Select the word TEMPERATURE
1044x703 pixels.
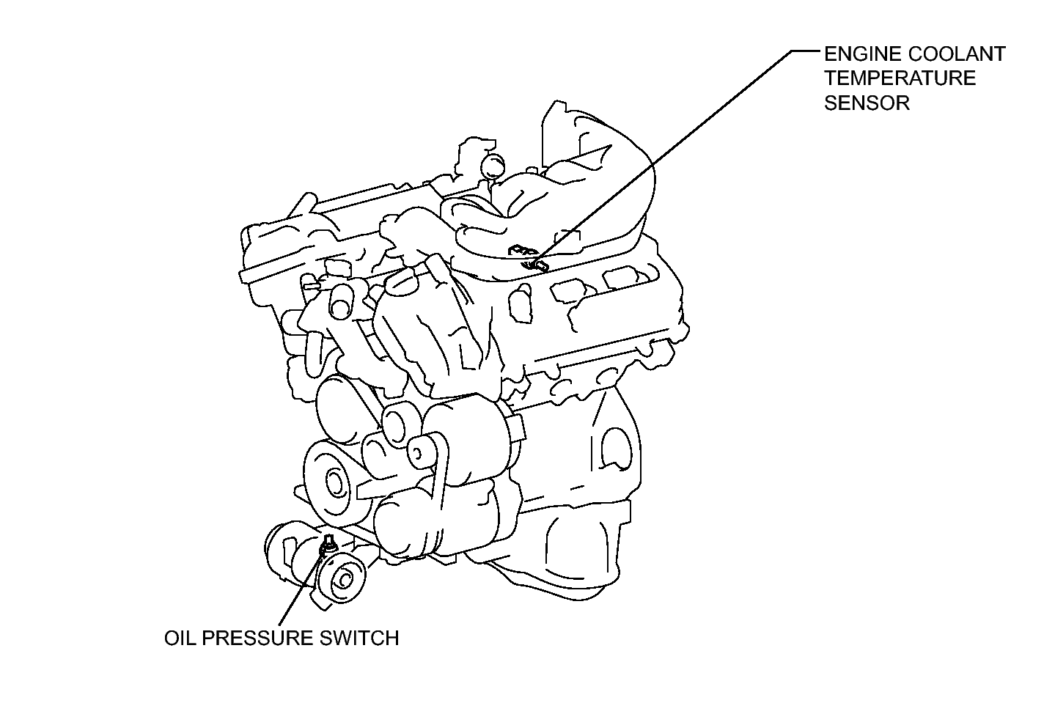pos(900,78)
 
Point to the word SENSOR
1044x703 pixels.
pos(867,103)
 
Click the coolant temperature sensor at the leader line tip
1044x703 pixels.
pos(535,265)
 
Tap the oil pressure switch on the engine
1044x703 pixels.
pos(328,545)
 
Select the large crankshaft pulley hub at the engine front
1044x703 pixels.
pos(336,482)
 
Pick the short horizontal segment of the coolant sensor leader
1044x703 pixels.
pos(806,50)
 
